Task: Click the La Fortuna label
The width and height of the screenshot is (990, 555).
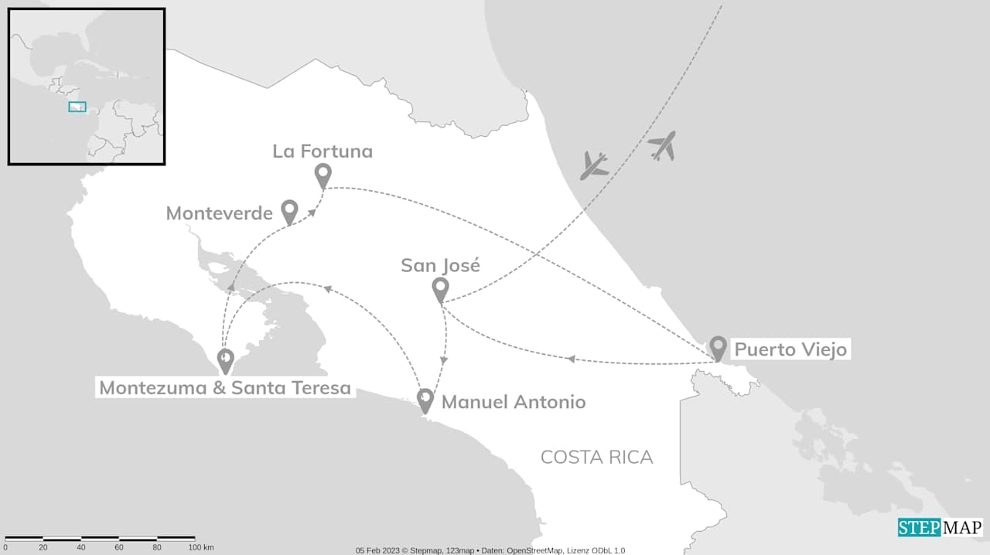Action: point(323,151)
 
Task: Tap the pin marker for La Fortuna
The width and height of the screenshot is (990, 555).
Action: point(323,175)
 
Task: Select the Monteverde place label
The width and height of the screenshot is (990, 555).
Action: point(219,213)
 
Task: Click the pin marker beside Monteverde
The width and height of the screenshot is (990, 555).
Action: point(289,211)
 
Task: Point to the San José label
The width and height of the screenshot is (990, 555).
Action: point(440,266)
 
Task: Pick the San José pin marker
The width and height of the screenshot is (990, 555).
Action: point(440,289)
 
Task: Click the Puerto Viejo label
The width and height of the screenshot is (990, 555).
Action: point(790,349)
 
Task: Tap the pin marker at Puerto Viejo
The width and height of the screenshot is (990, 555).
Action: point(718,347)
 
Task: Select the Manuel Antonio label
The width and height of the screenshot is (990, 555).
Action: point(514,402)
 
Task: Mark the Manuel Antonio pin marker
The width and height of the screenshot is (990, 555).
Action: point(425,400)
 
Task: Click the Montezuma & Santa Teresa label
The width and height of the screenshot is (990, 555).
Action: point(225,387)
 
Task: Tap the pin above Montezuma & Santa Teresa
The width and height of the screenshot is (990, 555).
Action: point(225,359)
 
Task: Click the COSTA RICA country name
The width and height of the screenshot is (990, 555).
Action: point(596,457)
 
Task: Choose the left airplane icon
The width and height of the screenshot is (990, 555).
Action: point(594,165)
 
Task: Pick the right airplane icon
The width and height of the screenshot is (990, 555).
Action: point(662,145)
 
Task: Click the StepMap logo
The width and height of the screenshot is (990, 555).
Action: point(940,527)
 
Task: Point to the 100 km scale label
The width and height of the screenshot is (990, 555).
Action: point(200,547)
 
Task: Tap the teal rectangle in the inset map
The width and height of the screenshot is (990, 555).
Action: point(77,107)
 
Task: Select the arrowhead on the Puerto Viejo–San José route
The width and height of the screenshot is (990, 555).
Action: point(572,359)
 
